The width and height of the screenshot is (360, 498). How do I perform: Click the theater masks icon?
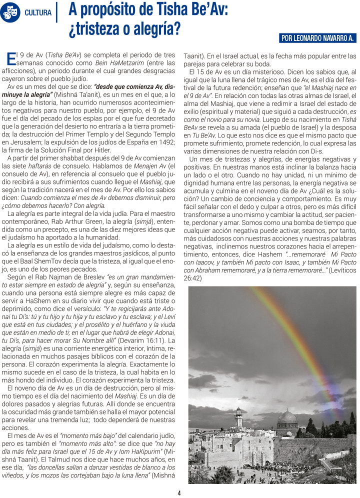click(x=9, y=12)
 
